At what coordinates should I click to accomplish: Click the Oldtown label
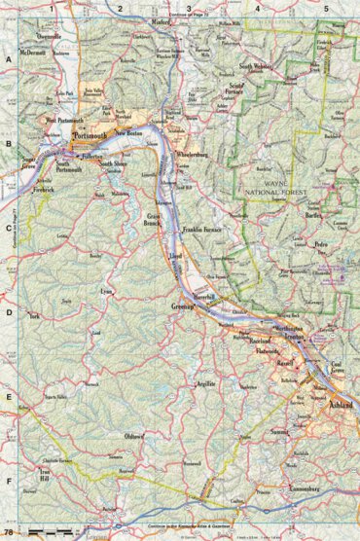coord(132,437)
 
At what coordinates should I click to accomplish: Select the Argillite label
coord(204,384)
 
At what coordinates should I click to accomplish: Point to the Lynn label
coord(106,290)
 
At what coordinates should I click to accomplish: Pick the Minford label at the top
coord(162,19)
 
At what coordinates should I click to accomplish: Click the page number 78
coord(9,533)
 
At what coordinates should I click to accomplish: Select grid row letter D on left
coord(9,312)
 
